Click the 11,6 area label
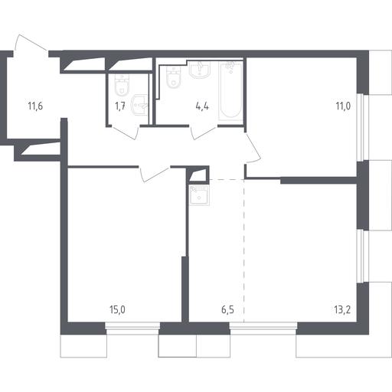pos(35,106)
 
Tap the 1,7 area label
pos(120,106)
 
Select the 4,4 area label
pos(202,106)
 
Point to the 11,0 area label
pos(343,106)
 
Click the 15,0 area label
pos(117,310)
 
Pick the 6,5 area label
pos(227,310)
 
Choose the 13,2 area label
pos(342,310)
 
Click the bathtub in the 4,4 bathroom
pos(230,90)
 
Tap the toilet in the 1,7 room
pos(122,85)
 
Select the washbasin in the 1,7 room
pos(139,105)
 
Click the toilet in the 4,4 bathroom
pos(174,77)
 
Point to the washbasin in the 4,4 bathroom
pos(200,69)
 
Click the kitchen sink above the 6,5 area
pos(199,195)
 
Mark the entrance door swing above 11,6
pos(31,44)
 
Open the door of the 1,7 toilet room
pos(124,132)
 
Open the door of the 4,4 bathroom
pos(204,132)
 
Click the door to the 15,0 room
pos(155,175)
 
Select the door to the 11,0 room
pos(253,148)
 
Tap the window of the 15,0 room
pos(132,328)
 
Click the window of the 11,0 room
pos(363,128)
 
